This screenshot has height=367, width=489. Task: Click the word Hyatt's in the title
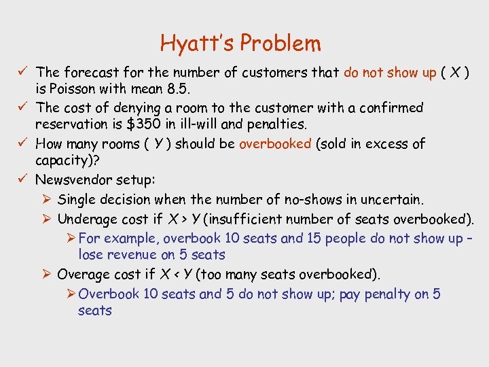(x=195, y=43)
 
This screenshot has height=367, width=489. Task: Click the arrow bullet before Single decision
(x=46, y=200)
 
